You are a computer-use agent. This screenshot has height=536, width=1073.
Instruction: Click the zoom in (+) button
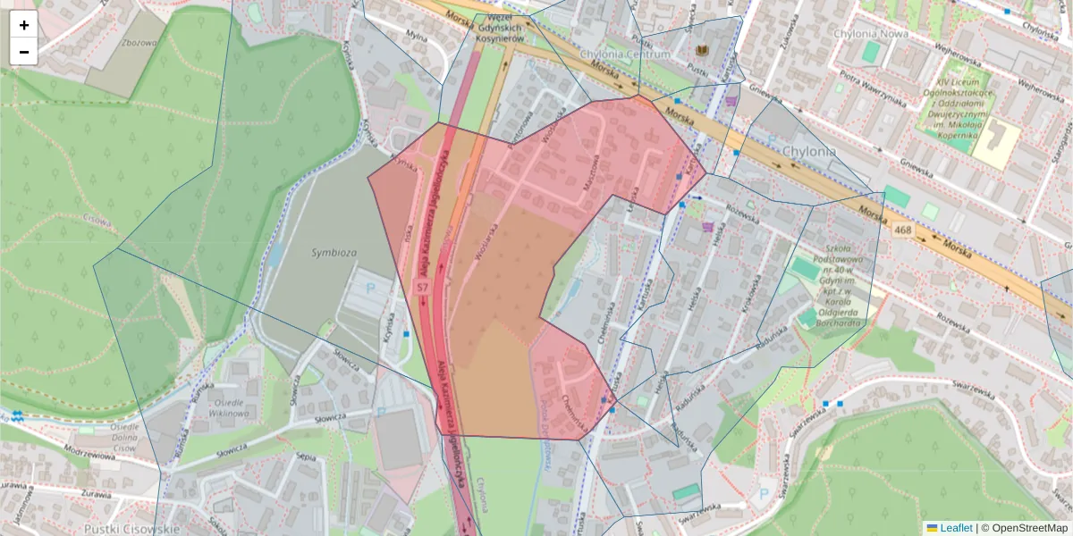[x=24, y=25]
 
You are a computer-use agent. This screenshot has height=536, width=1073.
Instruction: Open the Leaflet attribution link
[x=956, y=528]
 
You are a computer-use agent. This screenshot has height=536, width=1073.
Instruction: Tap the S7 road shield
[x=423, y=287]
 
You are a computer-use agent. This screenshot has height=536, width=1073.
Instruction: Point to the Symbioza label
[x=334, y=253]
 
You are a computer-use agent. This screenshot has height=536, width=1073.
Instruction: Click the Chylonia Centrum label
[x=624, y=54]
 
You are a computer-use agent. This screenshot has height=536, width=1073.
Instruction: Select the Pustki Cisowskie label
[x=140, y=529]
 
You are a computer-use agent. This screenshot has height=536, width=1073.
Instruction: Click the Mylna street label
[x=416, y=36]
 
